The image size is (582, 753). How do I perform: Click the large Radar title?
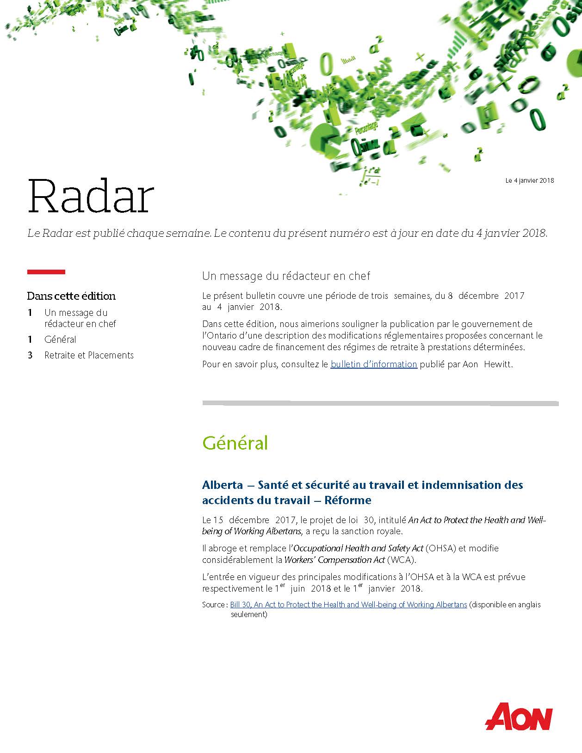click(91, 197)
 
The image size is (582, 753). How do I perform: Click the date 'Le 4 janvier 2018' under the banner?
click(529, 180)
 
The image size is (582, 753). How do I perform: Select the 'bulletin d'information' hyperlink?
click(374, 364)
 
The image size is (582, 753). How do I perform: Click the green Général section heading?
click(235, 443)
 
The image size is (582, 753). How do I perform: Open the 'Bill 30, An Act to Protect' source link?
click(348, 605)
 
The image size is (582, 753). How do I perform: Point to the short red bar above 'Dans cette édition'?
click(46, 272)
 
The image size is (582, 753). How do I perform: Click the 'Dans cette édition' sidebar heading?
click(71, 296)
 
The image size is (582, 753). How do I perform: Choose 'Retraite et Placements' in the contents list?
click(89, 355)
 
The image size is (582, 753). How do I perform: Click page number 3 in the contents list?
click(30, 355)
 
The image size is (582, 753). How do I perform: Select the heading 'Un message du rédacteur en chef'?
click(286, 276)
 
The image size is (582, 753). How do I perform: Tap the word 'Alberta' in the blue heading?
click(223, 485)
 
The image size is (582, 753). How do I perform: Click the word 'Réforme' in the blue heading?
click(348, 500)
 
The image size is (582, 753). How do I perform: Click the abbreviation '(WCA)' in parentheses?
click(401, 560)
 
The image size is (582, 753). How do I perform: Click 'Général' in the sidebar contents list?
click(60, 339)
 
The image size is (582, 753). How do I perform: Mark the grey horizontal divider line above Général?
click(380, 403)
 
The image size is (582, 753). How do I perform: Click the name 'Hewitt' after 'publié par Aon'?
click(498, 364)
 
